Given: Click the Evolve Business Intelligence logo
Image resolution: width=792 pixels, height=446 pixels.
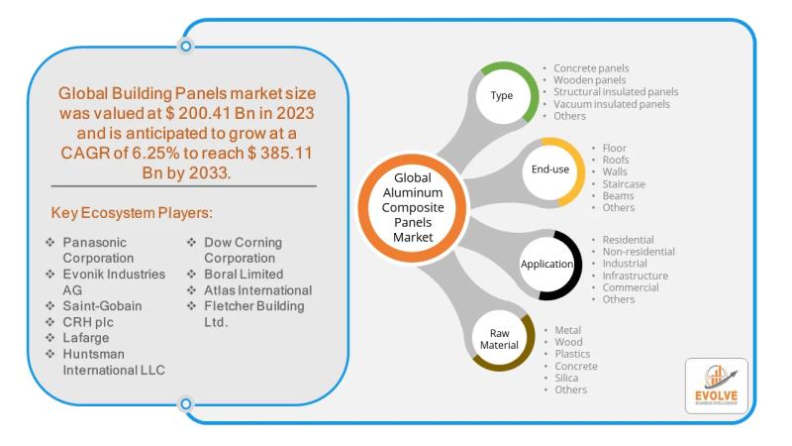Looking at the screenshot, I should (716, 386).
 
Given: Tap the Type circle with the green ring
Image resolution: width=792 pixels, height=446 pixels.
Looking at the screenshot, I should (501, 96).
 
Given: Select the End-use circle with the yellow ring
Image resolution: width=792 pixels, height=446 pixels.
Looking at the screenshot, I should (548, 171).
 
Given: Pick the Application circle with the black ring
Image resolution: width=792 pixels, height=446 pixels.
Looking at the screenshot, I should (547, 265).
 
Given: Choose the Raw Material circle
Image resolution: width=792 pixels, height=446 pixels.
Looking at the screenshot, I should (500, 339).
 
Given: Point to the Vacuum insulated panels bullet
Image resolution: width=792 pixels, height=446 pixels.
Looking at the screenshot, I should (612, 104).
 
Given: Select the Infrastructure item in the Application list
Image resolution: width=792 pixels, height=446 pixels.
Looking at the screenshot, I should (636, 276).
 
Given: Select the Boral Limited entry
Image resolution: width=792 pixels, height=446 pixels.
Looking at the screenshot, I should (244, 274).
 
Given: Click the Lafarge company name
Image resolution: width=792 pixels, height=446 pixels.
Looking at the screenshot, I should (87, 338).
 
